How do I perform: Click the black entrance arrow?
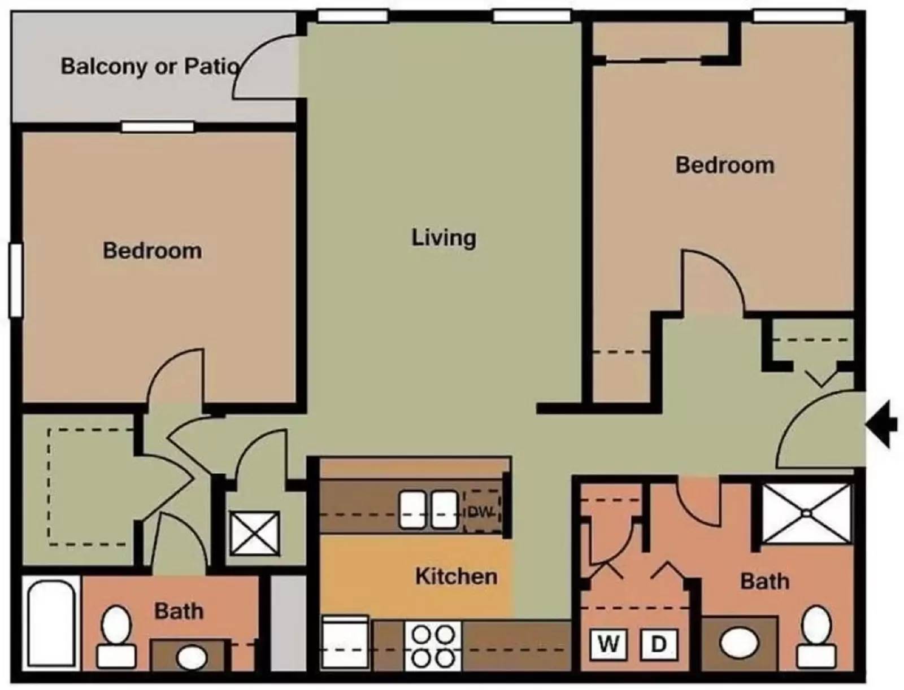coord(883,424)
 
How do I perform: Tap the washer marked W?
coord(608,644)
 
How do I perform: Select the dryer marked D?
coord(659,644)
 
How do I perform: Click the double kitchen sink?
coord(428,509)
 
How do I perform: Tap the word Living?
coord(444,237)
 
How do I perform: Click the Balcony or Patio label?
coord(150,66)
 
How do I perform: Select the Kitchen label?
coord(457,577)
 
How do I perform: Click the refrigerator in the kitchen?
coord(345,643)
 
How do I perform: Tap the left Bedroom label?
coord(152,251)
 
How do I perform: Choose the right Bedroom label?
coord(725,165)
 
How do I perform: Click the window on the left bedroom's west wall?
coord(16,280)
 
